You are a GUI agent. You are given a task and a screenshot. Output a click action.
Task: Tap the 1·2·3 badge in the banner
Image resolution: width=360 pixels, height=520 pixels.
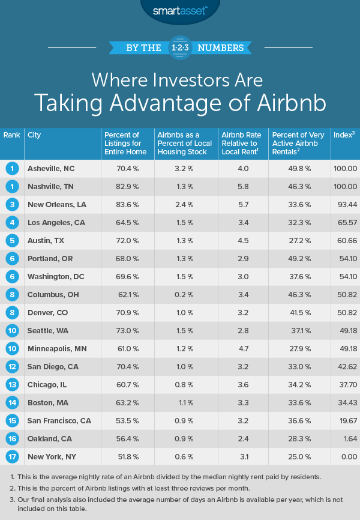180,47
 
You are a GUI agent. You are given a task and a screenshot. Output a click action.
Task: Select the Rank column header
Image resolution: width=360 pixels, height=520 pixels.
11,135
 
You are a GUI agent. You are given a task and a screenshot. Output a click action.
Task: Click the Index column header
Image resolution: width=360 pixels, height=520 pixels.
343,135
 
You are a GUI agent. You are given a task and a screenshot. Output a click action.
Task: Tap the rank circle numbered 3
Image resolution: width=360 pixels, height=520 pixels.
12,205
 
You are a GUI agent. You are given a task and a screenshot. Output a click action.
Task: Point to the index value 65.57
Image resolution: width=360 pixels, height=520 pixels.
345,223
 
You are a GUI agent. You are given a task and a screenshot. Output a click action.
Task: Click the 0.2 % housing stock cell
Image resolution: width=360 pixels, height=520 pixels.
178,295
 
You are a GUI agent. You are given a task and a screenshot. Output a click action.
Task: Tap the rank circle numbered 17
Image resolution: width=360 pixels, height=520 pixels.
12,457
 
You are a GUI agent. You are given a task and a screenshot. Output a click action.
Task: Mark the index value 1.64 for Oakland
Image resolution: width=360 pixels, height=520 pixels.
348,439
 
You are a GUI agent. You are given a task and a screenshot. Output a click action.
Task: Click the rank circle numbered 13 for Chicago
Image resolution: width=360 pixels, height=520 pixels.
12,385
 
